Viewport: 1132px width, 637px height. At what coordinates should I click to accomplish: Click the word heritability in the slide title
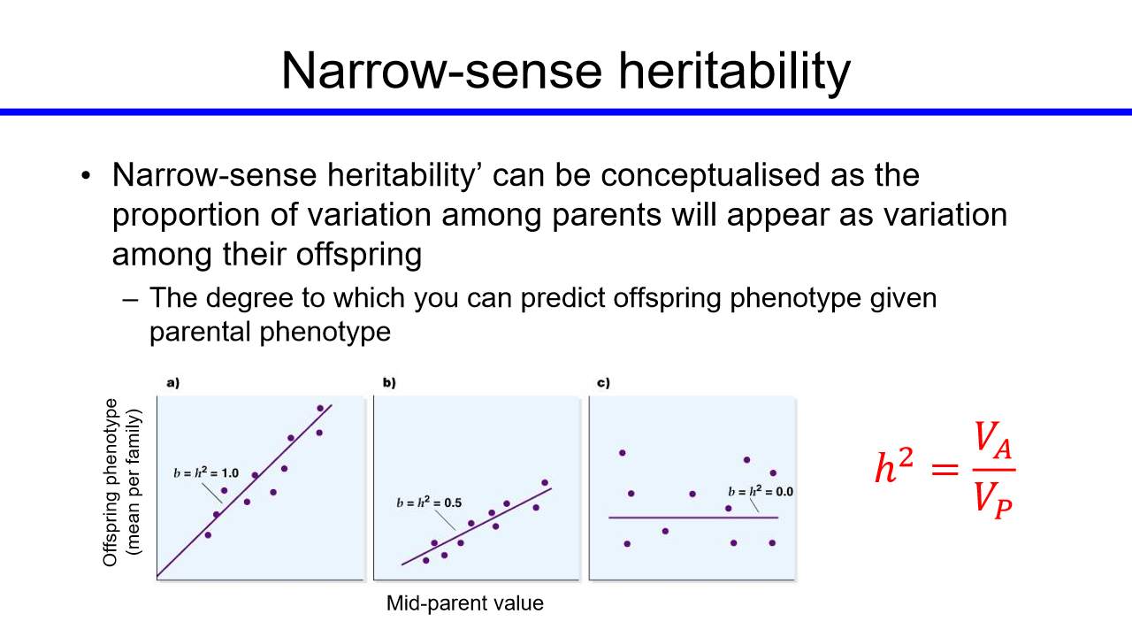click(x=735, y=72)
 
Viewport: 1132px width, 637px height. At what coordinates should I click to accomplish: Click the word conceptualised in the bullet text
click(x=710, y=176)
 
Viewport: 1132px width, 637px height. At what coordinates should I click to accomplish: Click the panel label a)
click(x=173, y=383)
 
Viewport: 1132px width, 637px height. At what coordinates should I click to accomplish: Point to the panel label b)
click(x=389, y=383)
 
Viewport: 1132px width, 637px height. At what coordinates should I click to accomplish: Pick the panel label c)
click(x=603, y=383)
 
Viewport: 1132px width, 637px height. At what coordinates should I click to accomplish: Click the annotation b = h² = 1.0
click(x=206, y=472)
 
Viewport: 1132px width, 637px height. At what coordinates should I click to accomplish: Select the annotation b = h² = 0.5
click(x=429, y=503)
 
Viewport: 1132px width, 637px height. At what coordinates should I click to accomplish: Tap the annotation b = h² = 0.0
click(x=761, y=491)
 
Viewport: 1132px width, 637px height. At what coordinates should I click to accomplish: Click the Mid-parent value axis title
click(x=465, y=603)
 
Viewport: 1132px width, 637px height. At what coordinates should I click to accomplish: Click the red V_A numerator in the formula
click(x=993, y=440)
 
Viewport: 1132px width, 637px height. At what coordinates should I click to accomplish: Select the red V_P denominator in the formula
click(x=993, y=500)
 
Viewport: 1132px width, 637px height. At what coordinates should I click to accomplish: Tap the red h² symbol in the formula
click(x=894, y=466)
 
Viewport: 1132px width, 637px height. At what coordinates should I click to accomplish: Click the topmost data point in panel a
click(x=320, y=408)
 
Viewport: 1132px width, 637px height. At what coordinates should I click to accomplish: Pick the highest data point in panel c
click(x=622, y=453)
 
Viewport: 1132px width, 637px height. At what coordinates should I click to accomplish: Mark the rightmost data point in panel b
click(x=545, y=483)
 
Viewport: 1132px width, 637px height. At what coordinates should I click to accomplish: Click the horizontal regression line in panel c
click(x=693, y=518)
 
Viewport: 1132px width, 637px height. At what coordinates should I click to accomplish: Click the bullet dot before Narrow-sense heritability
click(x=86, y=175)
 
